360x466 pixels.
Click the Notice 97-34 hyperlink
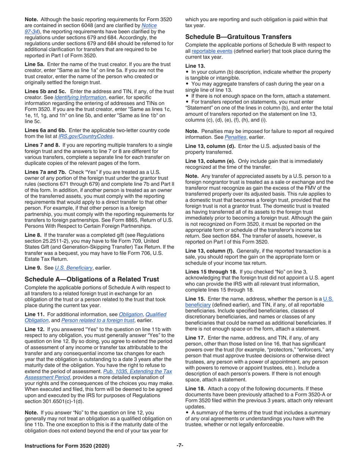click(149, 25)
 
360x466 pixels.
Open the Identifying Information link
click(80, 97)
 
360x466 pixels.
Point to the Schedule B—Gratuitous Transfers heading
click(238, 37)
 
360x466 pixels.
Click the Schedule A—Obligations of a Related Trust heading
click(92, 279)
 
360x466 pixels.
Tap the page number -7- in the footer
click(180, 446)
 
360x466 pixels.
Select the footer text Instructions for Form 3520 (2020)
click(67, 446)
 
